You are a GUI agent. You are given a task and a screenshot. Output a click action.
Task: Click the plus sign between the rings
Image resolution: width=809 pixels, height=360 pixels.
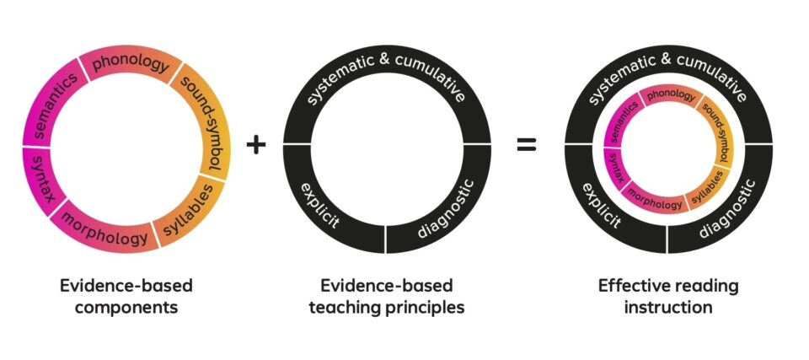click(x=256, y=144)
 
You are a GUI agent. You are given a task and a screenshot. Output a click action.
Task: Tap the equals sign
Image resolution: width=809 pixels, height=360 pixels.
click(x=526, y=144)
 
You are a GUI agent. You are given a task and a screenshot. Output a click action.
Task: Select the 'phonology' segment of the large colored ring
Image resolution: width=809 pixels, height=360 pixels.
click(x=131, y=67)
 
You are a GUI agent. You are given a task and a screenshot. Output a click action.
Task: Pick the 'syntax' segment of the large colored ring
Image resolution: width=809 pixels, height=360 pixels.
click(x=38, y=178)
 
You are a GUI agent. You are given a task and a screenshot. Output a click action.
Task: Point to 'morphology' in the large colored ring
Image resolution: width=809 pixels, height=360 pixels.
click(x=105, y=234)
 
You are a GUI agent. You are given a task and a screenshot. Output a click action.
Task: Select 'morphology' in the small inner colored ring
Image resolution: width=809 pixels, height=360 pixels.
click(x=655, y=203)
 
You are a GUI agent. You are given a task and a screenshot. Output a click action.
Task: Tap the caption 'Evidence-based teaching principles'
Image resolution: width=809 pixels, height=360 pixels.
click(x=386, y=296)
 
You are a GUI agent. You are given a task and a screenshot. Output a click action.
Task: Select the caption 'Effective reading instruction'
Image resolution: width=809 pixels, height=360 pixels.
click(x=668, y=296)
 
